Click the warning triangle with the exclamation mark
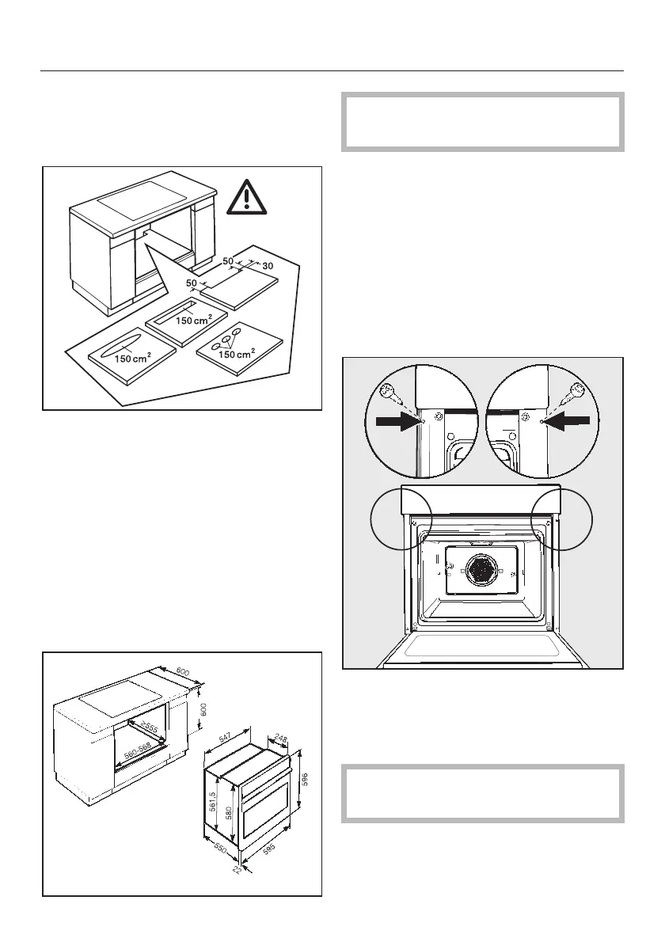tap(247, 198)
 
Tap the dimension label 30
tap(268, 264)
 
